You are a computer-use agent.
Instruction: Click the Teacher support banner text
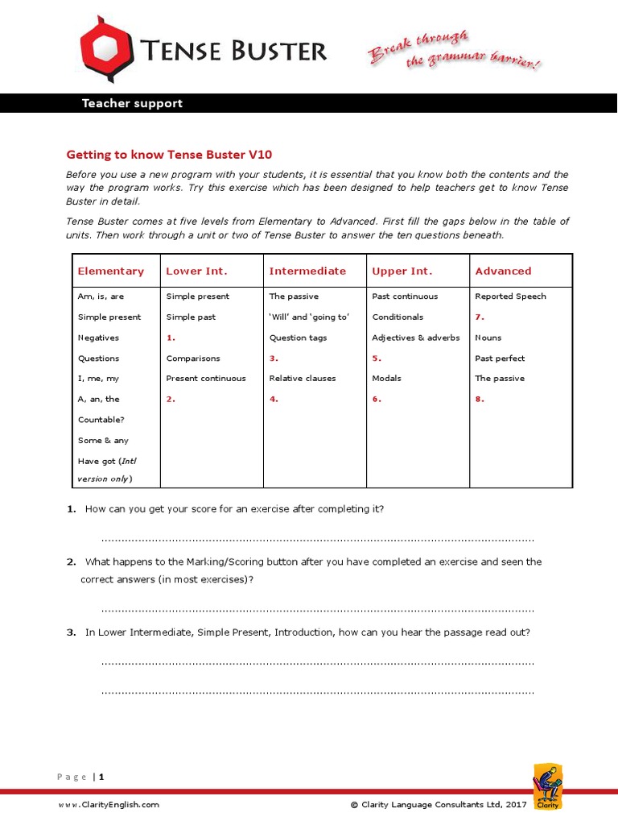pyautogui.click(x=132, y=103)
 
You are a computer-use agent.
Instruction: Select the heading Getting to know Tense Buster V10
pyautogui.click(x=175, y=154)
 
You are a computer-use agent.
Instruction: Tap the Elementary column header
pyautogui.click(x=111, y=272)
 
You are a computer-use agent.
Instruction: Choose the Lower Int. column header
pyautogui.click(x=196, y=272)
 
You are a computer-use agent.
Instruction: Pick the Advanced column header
pyautogui.click(x=503, y=272)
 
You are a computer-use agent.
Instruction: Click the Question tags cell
pyautogui.click(x=298, y=338)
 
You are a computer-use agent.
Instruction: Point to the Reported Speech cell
pyautogui.click(x=510, y=296)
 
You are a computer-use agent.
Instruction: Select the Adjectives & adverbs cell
pyautogui.click(x=416, y=338)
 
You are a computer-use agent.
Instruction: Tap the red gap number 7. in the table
pyautogui.click(x=480, y=317)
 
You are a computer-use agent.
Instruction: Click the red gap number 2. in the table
pyautogui.click(x=171, y=399)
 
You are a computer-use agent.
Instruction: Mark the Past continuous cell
pyautogui.click(x=405, y=296)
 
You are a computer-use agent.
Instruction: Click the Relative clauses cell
pyautogui.click(x=303, y=379)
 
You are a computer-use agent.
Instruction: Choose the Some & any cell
pyautogui.click(x=103, y=441)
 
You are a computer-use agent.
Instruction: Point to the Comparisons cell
pyautogui.click(x=193, y=359)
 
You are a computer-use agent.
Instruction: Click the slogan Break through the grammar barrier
pyautogui.click(x=453, y=51)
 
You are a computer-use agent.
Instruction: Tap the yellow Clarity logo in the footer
pyautogui.click(x=548, y=786)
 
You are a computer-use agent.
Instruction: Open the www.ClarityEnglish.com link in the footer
pyautogui.click(x=108, y=804)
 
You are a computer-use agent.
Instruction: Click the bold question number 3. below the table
pyautogui.click(x=71, y=632)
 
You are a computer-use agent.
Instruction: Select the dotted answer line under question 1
pyautogui.click(x=318, y=539)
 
